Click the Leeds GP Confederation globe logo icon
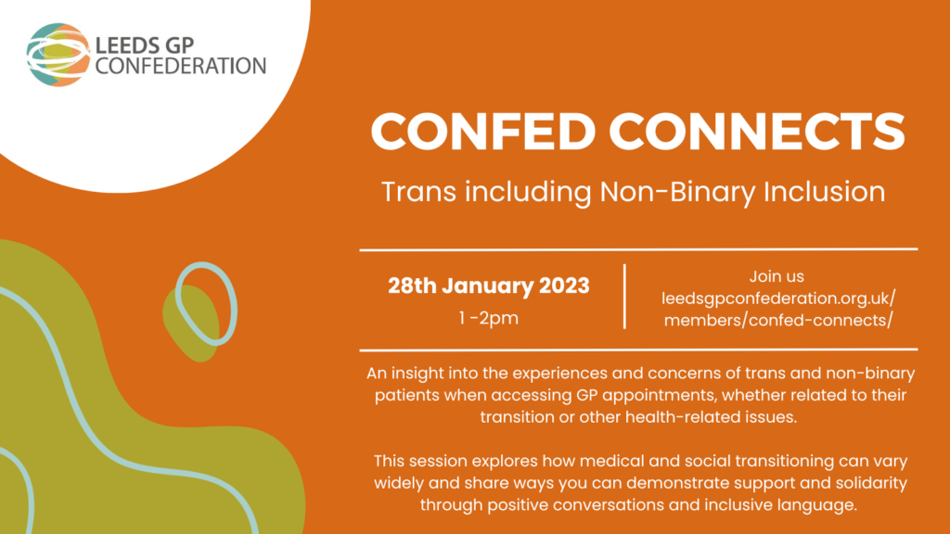[58, 55]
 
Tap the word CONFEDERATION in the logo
[181, 66]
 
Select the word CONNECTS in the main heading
[757, 131]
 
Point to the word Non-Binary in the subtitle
[677, 192]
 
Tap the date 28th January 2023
[488, 286]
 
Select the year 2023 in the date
[563, 286]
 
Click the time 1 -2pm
[488, 318]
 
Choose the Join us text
[777, 276]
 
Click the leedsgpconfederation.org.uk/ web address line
[778, 299]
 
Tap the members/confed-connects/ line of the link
[778, 320]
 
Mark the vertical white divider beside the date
[624, 297]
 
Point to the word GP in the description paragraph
[587, 395]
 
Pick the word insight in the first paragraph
[417, 374]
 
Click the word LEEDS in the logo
[127, 45]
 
